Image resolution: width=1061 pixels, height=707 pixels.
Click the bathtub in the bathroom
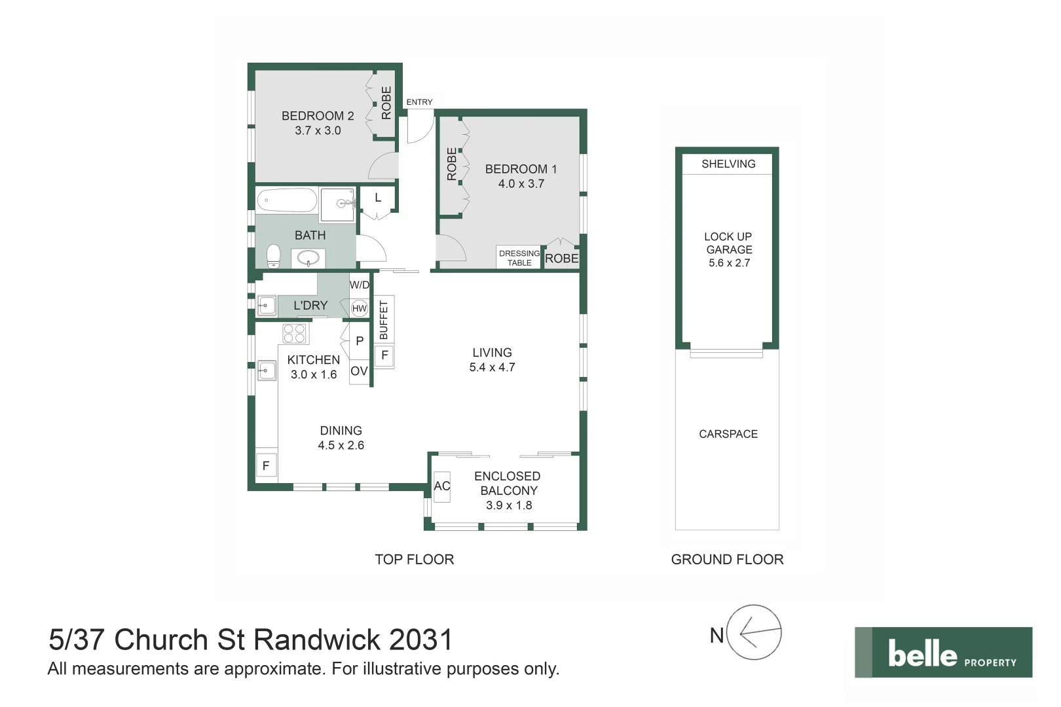coord(287,200)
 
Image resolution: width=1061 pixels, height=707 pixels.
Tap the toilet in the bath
coord(273,256)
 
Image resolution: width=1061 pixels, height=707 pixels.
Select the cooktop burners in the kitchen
coord(294,334)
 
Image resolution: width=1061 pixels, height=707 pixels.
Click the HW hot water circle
coord(360,308)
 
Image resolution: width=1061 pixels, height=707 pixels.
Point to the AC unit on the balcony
coord(442,486)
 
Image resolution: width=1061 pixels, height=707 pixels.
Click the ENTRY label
coord(419,102)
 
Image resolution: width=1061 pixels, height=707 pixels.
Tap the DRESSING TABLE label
coord(519,258)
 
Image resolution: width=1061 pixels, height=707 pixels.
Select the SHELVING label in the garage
coord(728,164)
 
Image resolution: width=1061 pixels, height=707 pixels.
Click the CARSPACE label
coord(728,434)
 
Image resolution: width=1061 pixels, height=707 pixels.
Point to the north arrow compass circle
coord(754,632)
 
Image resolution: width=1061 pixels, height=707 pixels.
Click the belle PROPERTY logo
coord(943,653)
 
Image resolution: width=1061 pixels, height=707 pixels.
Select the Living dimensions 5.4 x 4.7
coord(492,368)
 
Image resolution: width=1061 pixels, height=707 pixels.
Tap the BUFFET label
coord(384,319)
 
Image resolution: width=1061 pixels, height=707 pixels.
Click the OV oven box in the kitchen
coord(359,371)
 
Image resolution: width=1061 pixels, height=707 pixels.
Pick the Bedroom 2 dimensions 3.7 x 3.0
coord(318,130)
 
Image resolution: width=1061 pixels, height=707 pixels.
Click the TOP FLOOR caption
coord(414,560)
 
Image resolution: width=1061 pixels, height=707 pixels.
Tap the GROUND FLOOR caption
coord(727,560)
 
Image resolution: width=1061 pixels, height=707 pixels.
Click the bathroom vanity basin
coord(308,259)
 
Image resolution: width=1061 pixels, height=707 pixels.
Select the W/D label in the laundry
coord(360,285)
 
